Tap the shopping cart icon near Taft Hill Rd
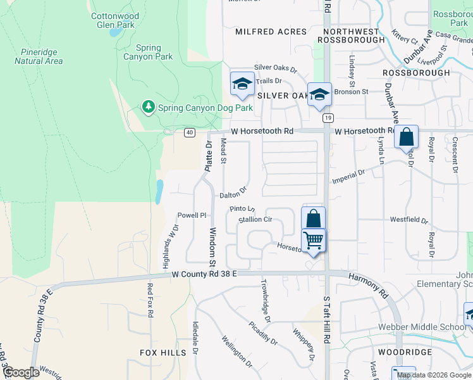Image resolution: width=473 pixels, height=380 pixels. pos(314,241)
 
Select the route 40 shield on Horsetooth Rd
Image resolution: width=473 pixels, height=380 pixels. pos(190,132)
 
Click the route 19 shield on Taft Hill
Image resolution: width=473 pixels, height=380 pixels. pos(327,118)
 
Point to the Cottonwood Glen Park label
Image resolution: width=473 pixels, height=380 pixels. pos(113,20)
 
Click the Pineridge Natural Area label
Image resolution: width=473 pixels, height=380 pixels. pos(39,56)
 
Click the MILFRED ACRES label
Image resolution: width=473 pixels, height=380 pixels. pos(271,32)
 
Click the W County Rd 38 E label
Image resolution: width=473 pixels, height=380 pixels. pos(204,274)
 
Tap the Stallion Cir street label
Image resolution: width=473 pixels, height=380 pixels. pos(255,220)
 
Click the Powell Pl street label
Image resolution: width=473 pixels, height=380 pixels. pos(192,215)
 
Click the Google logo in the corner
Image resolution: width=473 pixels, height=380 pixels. pos(21,372)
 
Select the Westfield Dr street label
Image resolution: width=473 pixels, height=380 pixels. pos(408,221)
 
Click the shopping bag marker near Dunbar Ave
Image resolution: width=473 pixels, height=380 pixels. pos(406,137)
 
